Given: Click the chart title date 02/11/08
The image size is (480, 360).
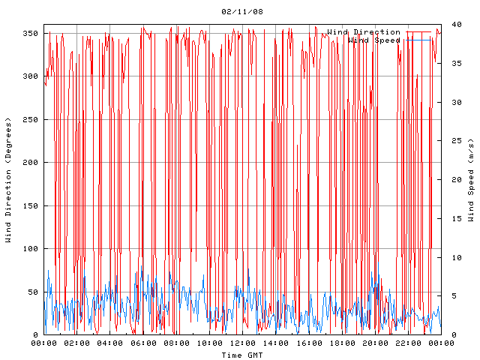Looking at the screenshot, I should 242,12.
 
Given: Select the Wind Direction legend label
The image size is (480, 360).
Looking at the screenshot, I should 364,31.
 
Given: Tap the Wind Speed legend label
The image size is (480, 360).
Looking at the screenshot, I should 374,40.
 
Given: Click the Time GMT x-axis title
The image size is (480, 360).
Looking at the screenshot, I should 242,355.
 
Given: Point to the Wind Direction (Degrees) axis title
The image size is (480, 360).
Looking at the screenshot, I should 8,180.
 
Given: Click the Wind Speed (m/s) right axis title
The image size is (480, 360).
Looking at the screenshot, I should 471,180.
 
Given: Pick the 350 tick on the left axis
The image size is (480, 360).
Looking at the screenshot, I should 30,33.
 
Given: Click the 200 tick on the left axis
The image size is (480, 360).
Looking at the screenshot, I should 30,163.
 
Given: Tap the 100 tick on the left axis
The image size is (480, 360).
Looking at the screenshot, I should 30,249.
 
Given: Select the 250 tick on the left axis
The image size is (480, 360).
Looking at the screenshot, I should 30,119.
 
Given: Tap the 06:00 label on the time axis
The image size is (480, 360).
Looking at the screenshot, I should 144,343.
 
